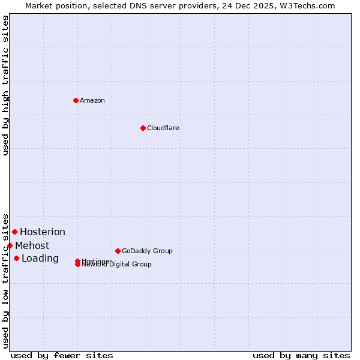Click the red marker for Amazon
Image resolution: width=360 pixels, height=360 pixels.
pos(76,100)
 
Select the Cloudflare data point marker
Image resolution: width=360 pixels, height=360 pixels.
pos(143,128)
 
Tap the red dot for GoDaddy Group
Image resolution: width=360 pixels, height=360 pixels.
pos(118,251)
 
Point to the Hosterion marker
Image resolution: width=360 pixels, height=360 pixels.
pos(14,232)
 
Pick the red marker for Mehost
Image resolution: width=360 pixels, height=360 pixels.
pos(10,245)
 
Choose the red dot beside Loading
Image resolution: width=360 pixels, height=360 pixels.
pos(16,258)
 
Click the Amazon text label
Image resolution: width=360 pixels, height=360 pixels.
pos(92,100)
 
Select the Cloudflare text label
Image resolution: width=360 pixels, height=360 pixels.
pos(163,128)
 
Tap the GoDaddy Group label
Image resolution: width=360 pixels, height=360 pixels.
pos(147,251)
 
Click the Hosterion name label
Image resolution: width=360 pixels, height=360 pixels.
pos(43,232)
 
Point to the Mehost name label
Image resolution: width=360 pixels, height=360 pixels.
pos(32,245)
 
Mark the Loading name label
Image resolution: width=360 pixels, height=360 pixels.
pos(40,259)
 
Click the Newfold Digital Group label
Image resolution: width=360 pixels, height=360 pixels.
pos(118,265)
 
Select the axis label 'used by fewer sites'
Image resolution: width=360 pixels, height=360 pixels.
pos(62,355)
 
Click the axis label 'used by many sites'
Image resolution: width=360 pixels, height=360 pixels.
pos(301,355)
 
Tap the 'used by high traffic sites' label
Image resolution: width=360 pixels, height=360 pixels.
pos(5,85)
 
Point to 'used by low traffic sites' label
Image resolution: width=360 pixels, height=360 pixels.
pos(5,280)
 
